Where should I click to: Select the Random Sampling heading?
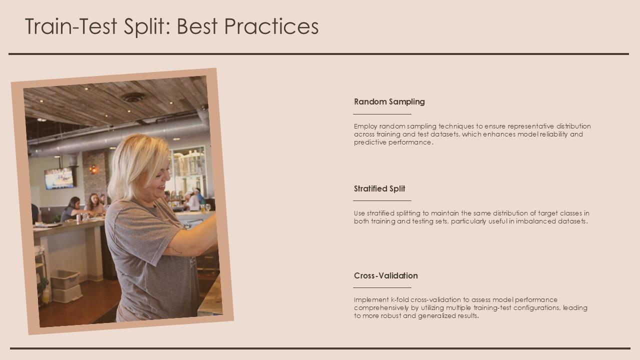click(x=389, y=101)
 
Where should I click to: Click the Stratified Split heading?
click(x=379, y=188)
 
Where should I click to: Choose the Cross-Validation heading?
click(x=385, y=275)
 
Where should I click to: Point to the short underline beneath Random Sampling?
click(x=382, y=114)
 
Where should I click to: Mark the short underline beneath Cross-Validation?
click(x=382, y=287)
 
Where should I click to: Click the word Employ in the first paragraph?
click(x=365, y=126)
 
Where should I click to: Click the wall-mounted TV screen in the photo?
click(x=58, y=178)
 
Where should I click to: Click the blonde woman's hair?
click(x=131, y=162)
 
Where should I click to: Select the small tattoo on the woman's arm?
click(x=174, y=249)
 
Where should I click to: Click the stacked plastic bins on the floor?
click(x=66, y=286)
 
